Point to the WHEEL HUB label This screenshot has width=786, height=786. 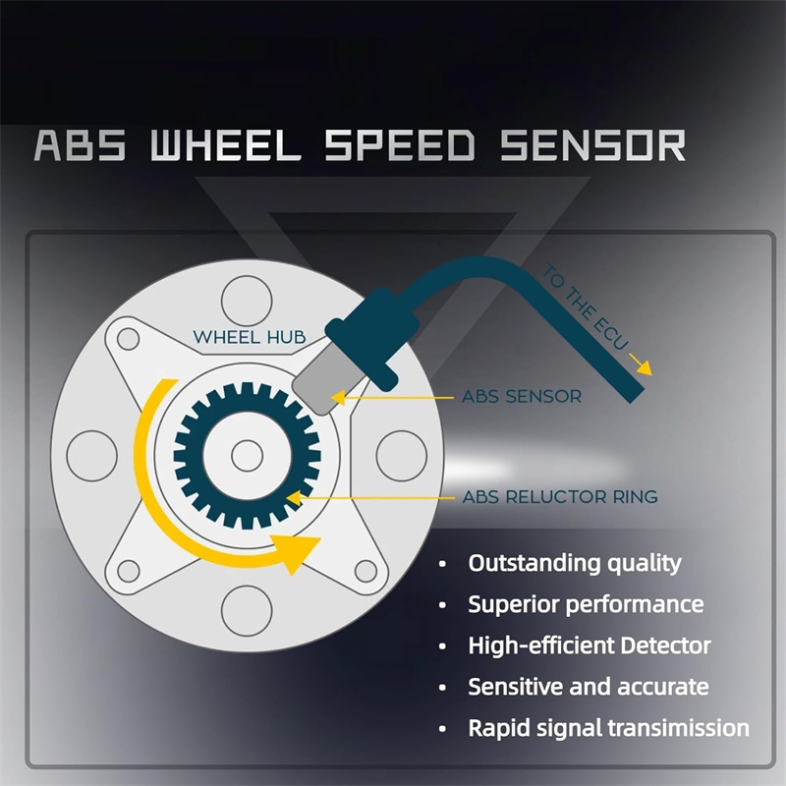pyautogui.click(x=250, y=337)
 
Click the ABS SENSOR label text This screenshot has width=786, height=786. pyautogui.click(x=521, y=398)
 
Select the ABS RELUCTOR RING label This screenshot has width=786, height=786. pyautogui.click(x=560, y=497)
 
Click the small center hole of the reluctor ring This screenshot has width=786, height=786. pyautogui.click(x=247, y=454)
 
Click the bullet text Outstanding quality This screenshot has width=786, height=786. pyautogui.click(x=574, y=563)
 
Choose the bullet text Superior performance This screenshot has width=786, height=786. pyautogui.click(x=586, y=603)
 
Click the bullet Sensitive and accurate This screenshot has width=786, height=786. pyautogui.click(x=588, y=686)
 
